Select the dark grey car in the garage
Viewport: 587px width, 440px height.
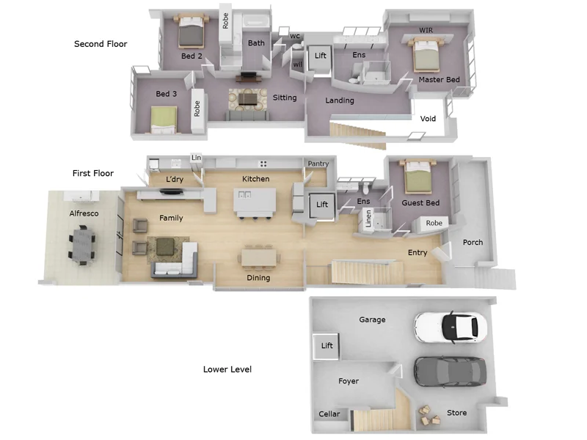click(450, 371)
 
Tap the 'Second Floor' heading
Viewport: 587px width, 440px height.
click(101, 44)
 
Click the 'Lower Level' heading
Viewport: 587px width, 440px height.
click(227, 369)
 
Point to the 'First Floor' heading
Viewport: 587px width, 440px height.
click(93, 174)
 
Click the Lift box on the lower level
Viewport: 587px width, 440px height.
click(327, 346)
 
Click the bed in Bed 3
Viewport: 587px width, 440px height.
click(164, 120)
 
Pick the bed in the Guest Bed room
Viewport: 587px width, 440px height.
click(417, 177)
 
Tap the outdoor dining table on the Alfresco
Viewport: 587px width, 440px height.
click(81, 243)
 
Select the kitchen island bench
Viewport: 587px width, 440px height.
click(255, 201)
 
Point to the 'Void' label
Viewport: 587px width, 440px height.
click(428, 118)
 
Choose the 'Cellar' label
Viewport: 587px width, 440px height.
click(329, 414)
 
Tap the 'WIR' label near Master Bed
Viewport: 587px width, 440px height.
click(426, 30)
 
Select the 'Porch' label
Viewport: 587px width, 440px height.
click(473, 243)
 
